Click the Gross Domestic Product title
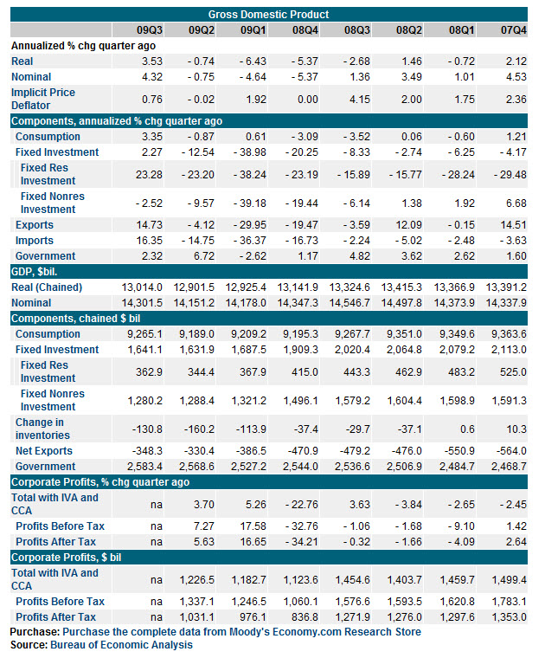(x=268, y=14)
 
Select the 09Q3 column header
(x=150, y=30)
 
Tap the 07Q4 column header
(x=514, y=30)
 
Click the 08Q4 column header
(x=305, y=30)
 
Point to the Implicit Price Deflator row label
(x=42, y=99)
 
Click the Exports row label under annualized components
(x=35, y=225)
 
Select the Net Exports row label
(x=44, y=451)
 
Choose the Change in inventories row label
(x=42, y=429)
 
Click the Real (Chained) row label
(x=47, y=287)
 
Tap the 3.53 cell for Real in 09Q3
(x=152, y=61)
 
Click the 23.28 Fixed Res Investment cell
(x=149, y=175)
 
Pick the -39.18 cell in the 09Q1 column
(x=250, y=203)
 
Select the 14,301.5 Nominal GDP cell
(x=142, y=303)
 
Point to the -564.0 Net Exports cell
(x=511, y=451)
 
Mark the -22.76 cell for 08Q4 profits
(x=302, y=505)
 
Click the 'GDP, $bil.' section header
(x=34, y=272)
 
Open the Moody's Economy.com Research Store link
(x=242, y=631)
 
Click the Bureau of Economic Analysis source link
(x=122, y=644)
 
